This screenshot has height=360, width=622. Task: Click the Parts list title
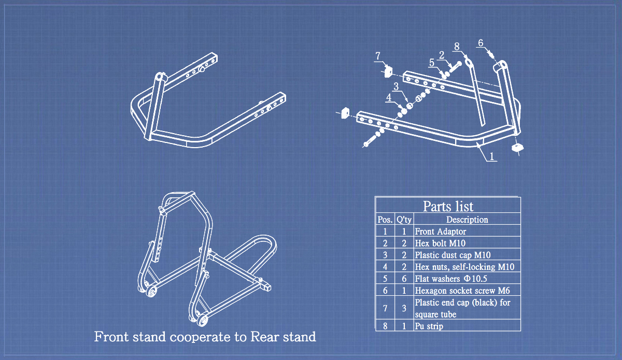click(x=448, y=206)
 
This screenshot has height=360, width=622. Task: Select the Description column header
click(x=467, y=219)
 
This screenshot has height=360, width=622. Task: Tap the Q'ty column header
click(x=404, y=219)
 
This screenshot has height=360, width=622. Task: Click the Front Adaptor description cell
click(x=440, y=232)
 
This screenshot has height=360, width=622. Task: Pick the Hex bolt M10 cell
click(x=437, y=243)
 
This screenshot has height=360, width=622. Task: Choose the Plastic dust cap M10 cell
click(x=453, y=255)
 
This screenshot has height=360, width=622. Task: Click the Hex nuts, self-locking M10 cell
click(x=464, y=267)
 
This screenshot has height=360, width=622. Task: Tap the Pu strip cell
click(x=429, y=326)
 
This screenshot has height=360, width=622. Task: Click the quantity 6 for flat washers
click(x=404, y=279)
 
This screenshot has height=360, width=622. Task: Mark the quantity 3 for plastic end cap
click(x=404, y=308)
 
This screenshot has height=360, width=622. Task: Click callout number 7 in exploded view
click(x=378, y=55)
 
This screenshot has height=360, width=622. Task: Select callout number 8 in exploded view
click(x=457, y=47)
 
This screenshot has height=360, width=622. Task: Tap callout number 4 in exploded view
click(x=389, y=97)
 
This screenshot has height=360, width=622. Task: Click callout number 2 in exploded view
click(x=442, y=54)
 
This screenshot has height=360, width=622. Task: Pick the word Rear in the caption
click(x=264, y=337)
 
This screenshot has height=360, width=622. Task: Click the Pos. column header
click(x=385, y=219)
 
